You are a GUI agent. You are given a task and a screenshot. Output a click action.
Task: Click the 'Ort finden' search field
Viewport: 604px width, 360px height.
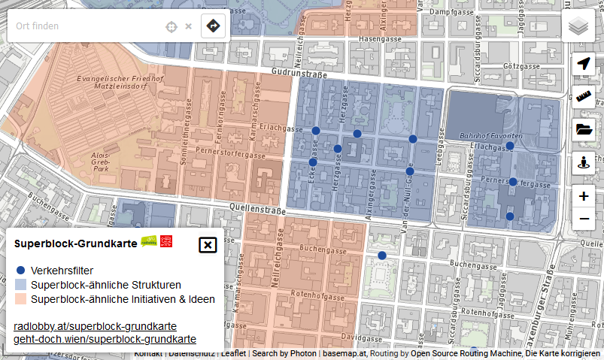click(x=83, y=26)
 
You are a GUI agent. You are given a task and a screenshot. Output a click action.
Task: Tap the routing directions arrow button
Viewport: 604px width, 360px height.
click(x=214, y=26)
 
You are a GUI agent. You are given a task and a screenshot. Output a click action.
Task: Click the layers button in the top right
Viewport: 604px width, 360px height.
click(x=578, y=26)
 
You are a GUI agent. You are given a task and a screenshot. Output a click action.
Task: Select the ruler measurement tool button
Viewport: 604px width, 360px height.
click(x=584, y=96)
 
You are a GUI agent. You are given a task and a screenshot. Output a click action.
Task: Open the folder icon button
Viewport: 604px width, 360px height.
click(x=584, y=129)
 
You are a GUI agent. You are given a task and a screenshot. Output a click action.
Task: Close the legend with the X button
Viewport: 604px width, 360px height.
click(x=208, y=245)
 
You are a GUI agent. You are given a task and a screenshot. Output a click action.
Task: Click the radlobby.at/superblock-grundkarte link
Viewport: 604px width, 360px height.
click(x=96, y=326)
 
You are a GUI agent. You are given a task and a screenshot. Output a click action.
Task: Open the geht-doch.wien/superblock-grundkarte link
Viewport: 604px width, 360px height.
click(x=105, y=339)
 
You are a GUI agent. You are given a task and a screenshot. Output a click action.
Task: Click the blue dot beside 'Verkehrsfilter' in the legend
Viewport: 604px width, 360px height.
click(x=21, y=271)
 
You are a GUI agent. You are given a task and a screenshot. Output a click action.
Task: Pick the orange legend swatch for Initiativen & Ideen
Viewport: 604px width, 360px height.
click(x=21, y=299)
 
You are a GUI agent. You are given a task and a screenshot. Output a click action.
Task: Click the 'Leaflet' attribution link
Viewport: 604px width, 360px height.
click(x=233, y=352)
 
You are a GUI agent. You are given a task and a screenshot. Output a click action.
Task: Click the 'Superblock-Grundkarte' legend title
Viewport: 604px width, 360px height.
click(x=75, y=244)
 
